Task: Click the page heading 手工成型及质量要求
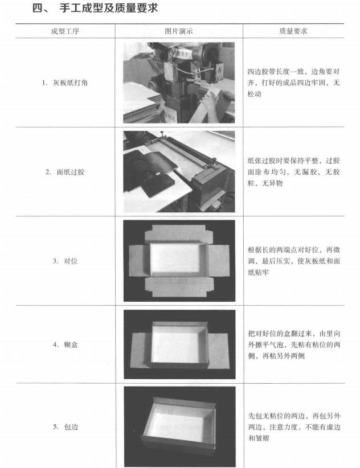tap(108, 8)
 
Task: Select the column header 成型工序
tap(65, 31)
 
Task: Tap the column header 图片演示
tap(178, 31)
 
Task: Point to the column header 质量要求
tap(293, 31)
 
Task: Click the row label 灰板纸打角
tap(70, 83)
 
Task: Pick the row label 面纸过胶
tap(71, 172)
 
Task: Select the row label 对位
tap(71, 261)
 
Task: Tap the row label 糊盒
tap(71, 344)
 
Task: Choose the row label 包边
tap(71, 427)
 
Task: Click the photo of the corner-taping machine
tap(179, 83)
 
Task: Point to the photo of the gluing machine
tap(179, 171)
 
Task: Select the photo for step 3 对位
tap(179, 261)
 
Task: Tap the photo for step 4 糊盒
tap(179, 344)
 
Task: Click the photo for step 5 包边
tap(179, 426)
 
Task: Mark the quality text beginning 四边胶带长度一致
tap(293, 83)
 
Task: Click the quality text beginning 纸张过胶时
tap(294, 172)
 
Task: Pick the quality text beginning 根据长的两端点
tap(294, 261)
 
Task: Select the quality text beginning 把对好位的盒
tap(294, 344)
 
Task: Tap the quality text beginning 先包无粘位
tap(294, 427)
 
